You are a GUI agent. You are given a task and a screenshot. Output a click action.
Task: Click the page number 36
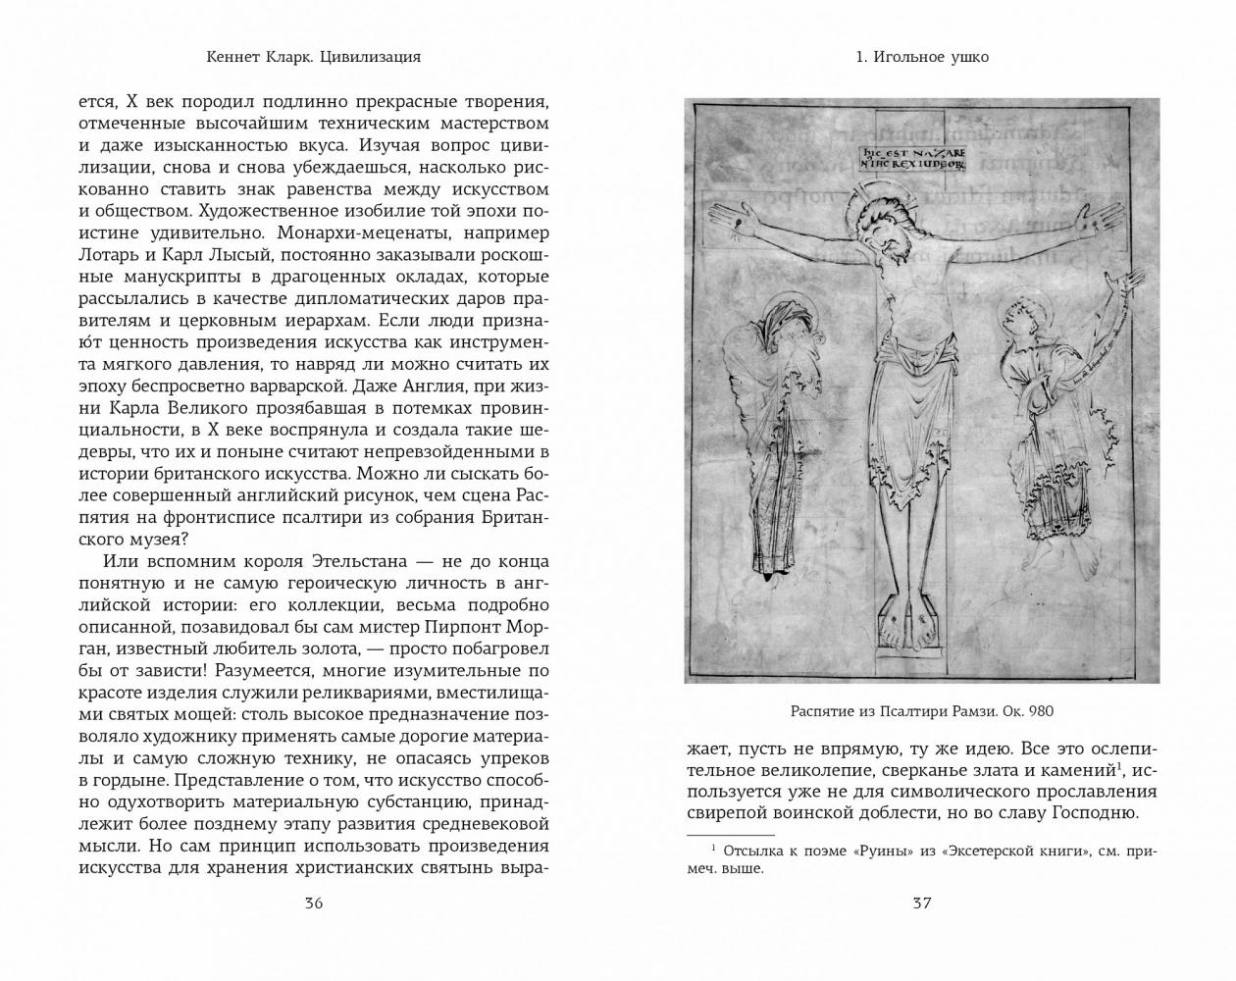point(313,904)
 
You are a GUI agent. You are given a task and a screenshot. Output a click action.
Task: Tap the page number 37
point(921,904)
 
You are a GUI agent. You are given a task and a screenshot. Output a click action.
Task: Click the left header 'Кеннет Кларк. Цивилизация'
point(314,57)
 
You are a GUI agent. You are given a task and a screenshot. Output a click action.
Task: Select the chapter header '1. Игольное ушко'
point(921,57)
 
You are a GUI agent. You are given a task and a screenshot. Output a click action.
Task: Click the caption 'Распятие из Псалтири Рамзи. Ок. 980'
point(921,711)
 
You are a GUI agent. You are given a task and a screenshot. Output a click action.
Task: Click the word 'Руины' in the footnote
point(896,851)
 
